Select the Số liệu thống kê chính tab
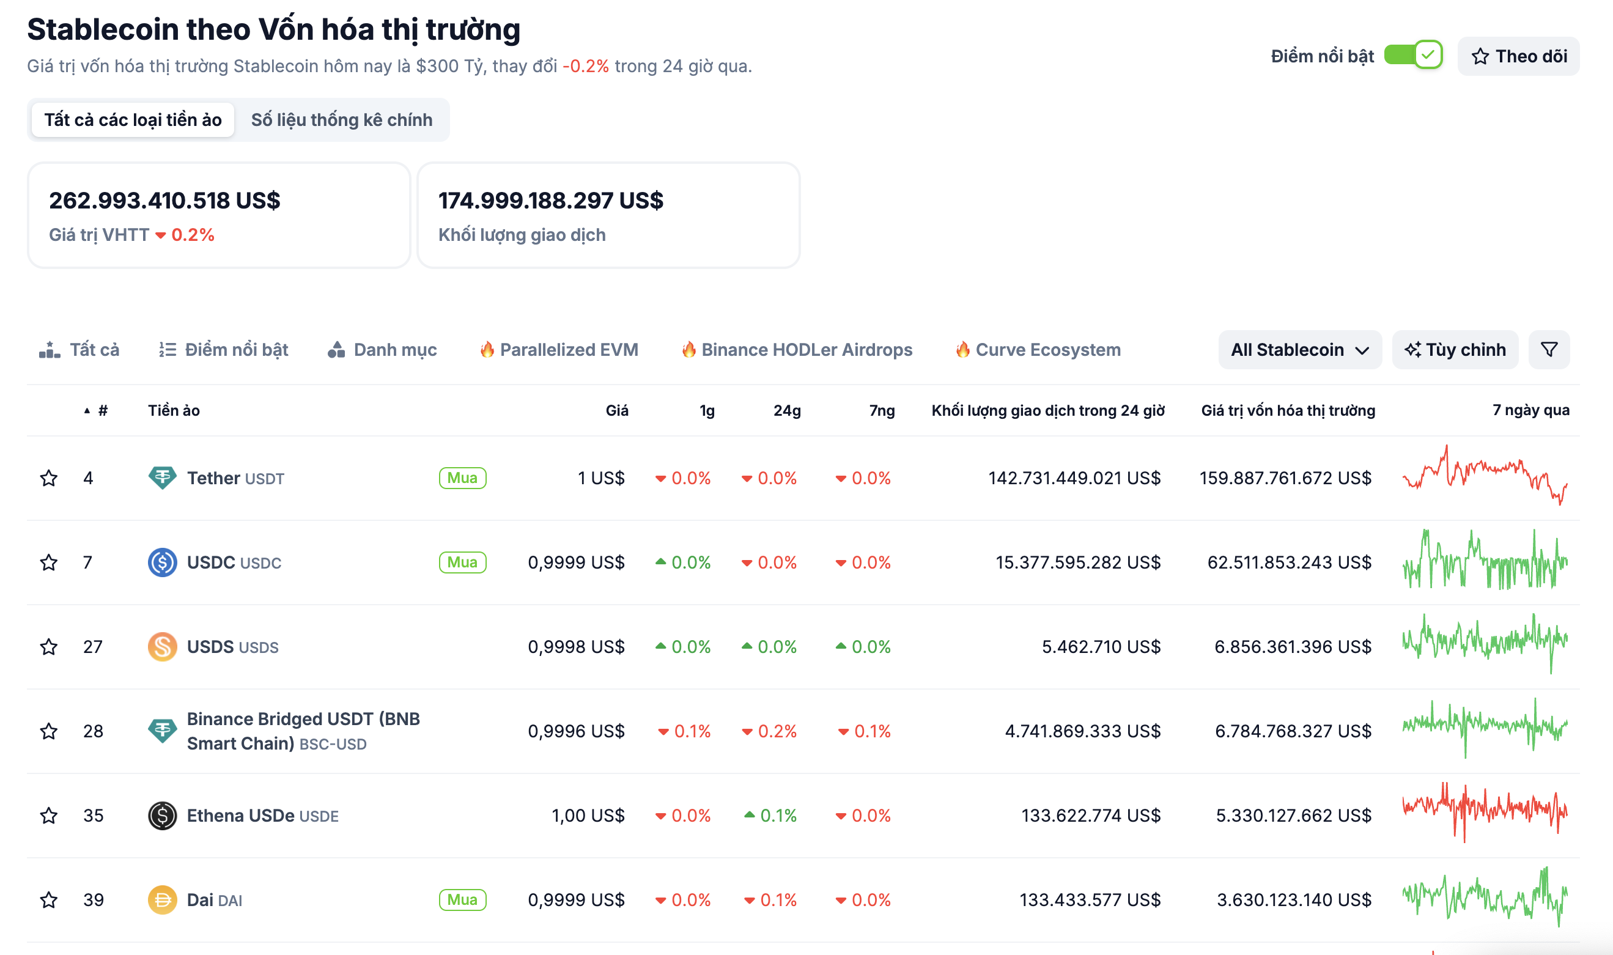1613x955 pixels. (341, 120)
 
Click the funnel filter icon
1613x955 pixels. (1549, 350)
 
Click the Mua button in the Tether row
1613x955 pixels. (462, 478)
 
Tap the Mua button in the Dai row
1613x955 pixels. (462, 899)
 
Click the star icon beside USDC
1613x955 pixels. (49, 562)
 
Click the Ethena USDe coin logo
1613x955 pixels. (162, 816)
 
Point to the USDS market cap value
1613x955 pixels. (1292, 646)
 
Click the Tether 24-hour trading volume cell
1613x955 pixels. (1074, 478)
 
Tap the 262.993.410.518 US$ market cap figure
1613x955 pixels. (164, 200)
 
